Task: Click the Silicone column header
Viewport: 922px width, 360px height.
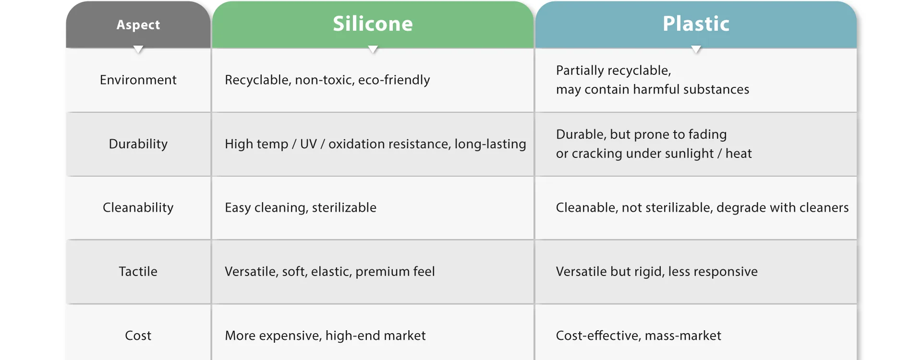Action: tap(373, 24)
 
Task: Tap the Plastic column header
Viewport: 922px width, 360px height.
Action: tap(696, 24)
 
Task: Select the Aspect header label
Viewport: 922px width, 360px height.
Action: tap(138, 25)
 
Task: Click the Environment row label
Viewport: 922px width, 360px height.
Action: tap(138, 80)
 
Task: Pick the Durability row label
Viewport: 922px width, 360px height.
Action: tap(138, 144)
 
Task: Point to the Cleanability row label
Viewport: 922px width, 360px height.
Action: tap(138, 208)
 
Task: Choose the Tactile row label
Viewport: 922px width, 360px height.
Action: tap(138, 272)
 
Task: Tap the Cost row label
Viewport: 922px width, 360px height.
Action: tap(138, 336)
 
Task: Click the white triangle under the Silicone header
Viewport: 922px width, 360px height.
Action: tap(373, 49)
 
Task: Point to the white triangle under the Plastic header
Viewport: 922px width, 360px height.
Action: tap(696, 49)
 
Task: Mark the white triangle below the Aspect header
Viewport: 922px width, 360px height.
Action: tap(138, 49)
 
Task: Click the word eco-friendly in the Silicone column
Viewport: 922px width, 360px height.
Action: tap(394, 80)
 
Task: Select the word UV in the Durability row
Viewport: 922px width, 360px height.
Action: tap(308, 144)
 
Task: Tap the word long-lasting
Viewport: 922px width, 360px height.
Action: tap(490, 144)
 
